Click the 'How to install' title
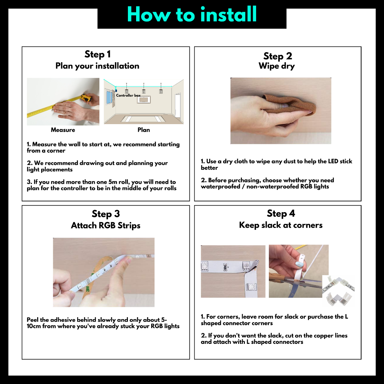[x=192, y=14]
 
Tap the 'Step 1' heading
[x=97, y=54]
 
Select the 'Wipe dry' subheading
[x=276, y=66]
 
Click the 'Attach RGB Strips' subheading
[x=105, y=225]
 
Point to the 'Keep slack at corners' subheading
[x=280, y=225]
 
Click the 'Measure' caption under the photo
[x=63, y=130]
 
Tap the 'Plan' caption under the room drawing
[x=144, y=130]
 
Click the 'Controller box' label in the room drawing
[x=128, y=95]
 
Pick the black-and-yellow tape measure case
[x=86, y=98]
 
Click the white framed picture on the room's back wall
[x=144, y=100]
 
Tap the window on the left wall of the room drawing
[x=109, y=97]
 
